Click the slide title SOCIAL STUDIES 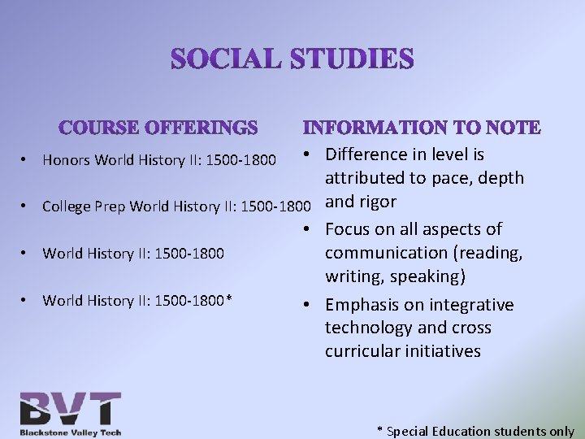click(292, 59)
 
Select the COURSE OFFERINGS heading click(158, 128)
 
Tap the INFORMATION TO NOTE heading click(421, 128)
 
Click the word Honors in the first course click(67, 160)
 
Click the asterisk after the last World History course click(230, 300)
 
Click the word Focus click(349, 229)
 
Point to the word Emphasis click(363, 305)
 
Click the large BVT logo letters click(71, 408)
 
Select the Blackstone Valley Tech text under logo click(71, 432)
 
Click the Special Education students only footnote click(475, 432)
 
